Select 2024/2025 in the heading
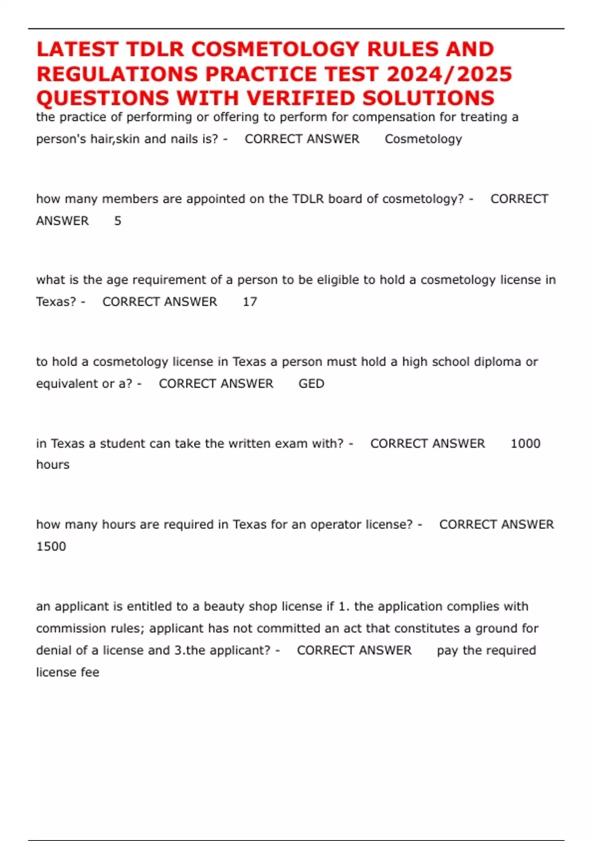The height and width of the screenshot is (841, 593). [x=449, y=74]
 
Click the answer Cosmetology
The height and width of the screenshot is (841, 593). [x=423, y=139]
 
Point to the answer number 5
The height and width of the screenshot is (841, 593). [x=118, y=221]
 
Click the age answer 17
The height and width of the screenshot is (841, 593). [x=250, y=302]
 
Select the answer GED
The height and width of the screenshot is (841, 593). [x=311, y=384]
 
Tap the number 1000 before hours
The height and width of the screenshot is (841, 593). [x=525, y=443]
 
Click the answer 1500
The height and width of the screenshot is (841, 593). [x=51, y=547]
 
